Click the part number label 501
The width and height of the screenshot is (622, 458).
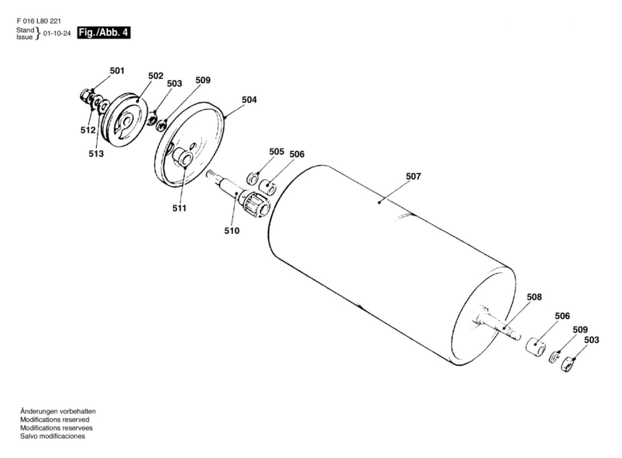coord(117,71)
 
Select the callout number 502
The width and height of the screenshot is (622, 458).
coord(155,76)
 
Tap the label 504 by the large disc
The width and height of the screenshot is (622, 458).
coord(249,99)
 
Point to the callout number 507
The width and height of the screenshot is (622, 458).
coord(413,176)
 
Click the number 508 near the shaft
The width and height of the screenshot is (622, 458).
coord(534,297)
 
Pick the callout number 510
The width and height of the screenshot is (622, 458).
coord(232,230)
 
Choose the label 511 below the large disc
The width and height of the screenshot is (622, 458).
coord(179,208)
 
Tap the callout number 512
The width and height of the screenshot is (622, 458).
coord(88,130)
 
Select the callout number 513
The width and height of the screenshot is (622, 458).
coord(96,153)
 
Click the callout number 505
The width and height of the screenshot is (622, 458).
coord(276,152)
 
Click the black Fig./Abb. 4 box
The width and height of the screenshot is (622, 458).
coord(103,33)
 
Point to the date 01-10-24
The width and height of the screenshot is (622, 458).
coord(57,33)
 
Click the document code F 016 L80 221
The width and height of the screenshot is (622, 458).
coord(38,21)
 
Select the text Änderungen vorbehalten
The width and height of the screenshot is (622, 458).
coord(58,411)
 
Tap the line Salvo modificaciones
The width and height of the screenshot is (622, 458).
coord(52,436)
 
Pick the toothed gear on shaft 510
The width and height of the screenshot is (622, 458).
coord(254,202)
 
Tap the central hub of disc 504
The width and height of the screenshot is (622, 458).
coord(182,158)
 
